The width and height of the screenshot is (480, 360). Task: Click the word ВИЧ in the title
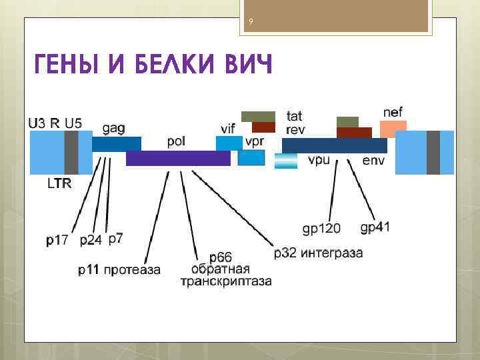241,67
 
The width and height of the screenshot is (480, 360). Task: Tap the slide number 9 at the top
251,23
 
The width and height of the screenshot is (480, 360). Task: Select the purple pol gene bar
178,158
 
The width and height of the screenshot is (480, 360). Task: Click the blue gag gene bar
117,143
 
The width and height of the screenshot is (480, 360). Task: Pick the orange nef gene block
393,129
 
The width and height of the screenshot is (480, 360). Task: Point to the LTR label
59,183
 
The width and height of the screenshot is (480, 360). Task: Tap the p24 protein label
91,241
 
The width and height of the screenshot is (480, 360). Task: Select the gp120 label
321,229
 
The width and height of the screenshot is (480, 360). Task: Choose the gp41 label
375,227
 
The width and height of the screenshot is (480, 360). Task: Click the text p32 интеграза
318,253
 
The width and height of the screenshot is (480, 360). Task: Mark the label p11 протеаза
119,270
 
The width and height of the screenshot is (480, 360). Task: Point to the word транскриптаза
226,281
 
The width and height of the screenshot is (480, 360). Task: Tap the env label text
373,161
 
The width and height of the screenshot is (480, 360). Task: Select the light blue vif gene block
229,143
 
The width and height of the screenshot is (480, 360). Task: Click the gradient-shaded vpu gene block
285,161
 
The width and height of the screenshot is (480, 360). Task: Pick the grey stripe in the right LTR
433,152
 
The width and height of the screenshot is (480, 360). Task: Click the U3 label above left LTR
37,122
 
